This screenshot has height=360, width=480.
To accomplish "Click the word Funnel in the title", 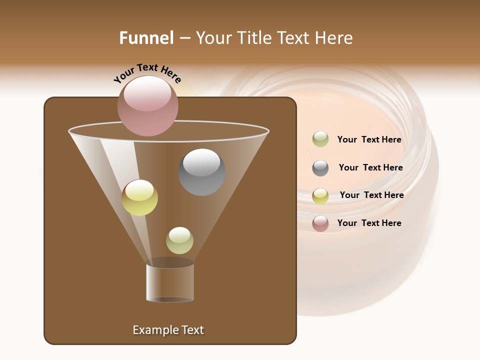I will [x=146, y=38].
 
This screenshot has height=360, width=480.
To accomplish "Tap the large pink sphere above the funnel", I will [x=148, y=106].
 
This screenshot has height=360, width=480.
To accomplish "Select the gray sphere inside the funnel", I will [x=201, y=172].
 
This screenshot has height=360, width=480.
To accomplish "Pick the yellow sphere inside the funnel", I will [x=139, y=198].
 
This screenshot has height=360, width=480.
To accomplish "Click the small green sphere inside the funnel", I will [x=179, y=240].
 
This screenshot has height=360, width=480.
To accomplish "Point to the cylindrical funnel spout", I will [x=170, y=282].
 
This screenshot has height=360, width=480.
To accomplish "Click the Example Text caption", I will [x=168, y=330].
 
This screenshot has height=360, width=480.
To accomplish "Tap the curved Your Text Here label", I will [x=147, y=73].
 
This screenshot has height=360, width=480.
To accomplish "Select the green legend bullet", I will [x=320, y=139].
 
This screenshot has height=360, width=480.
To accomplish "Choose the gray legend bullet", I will [x=320, y=168].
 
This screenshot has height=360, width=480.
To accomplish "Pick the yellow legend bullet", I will [x=320, y=196].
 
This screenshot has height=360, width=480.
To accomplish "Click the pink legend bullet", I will [x=320, y=223].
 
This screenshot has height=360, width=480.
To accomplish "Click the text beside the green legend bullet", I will [x=369, y=140].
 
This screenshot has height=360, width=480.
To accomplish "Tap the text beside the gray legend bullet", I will [x=370, y=168].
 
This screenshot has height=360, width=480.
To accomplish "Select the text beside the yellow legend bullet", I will [x=371, y=195].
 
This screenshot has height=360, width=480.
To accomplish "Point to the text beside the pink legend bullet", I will [x=369, y=223].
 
